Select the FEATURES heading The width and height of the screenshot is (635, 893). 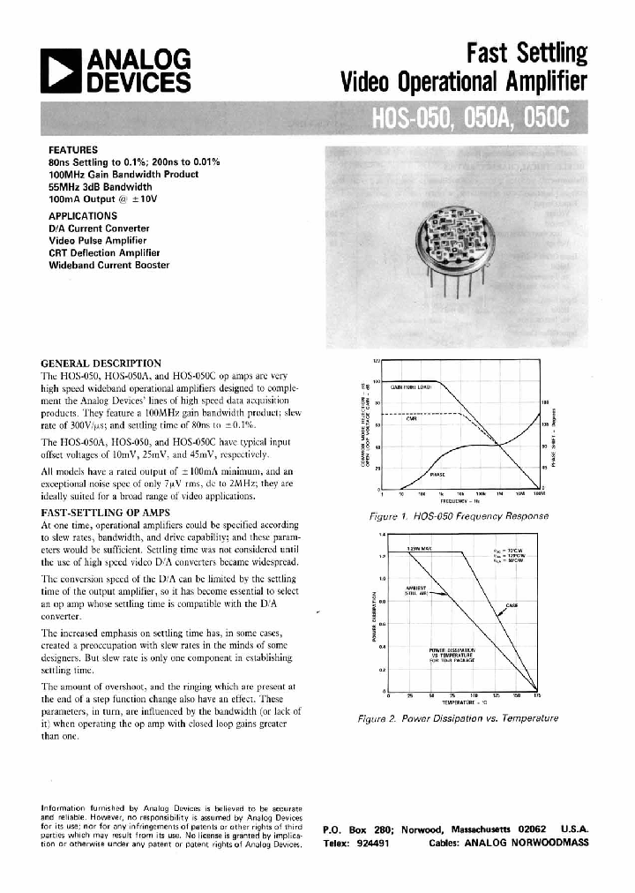tap(73, 150)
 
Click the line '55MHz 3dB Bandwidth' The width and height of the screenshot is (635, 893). tap(108, 188)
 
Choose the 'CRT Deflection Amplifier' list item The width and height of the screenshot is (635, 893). tap(108, 252)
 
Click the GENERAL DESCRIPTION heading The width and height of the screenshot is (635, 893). tap(101, 363)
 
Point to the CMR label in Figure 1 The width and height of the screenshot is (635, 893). tap(411, 419)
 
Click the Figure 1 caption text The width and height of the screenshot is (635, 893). tap(463, 515)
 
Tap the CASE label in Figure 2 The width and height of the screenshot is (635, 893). tap(511, 606)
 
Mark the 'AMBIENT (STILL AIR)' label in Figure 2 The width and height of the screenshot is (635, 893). tap(415, 590)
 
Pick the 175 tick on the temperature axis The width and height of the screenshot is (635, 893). tap(538, 696)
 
